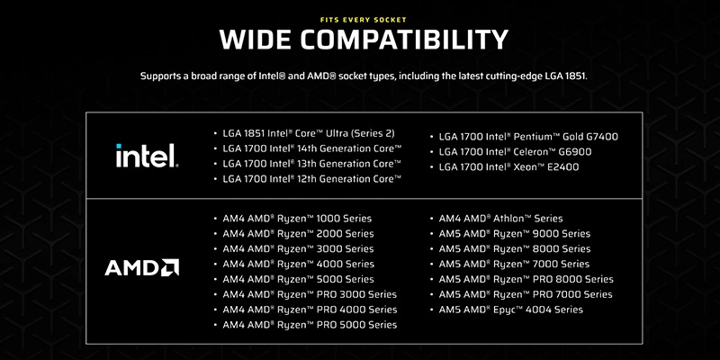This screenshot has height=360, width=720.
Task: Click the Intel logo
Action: click(x=148, y=156)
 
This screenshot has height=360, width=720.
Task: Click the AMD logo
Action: click(x=142, y=267)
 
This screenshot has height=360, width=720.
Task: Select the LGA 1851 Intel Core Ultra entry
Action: click(x=309, y=133)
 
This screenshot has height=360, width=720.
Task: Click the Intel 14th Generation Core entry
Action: click(x=311, y=148)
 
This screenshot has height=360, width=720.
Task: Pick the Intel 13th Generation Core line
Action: click(x=311, y=164)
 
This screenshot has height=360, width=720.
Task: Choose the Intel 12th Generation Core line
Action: click(x=311, y=179)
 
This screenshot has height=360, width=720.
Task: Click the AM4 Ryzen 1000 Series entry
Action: click(x=297, y=219)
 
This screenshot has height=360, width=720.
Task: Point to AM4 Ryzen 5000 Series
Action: click(x=298, y=279)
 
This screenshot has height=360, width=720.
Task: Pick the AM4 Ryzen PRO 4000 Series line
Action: click(x=310, y=310)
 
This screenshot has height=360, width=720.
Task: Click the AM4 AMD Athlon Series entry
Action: click(x=500, y=219)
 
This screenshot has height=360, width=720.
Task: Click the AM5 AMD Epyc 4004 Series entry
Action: click(x=510, y=310)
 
